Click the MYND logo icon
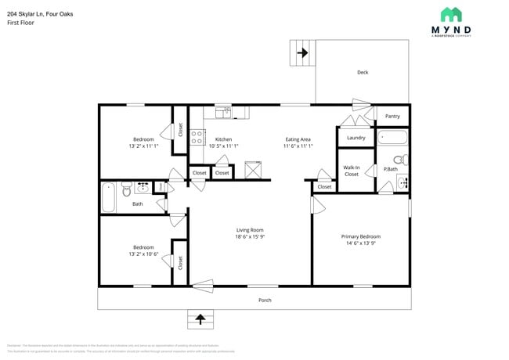coord(450,14)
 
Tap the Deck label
coord(363,72)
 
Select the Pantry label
coord(392,116)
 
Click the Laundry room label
coord(356,138)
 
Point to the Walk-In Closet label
coord(352,170)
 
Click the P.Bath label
coord(390,169)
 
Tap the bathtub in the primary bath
coord(392,139)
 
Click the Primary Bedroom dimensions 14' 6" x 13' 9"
coord(360,243)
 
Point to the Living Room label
coord(251,229)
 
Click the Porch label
coord(265,300)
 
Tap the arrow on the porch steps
coord(200,319)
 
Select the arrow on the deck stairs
coord(301,53)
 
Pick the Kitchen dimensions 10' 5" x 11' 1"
coord(223,146)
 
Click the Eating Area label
coord(298,139)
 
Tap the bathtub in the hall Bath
coord(109,197)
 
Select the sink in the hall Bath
coord(143,188)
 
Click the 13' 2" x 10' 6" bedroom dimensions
coord(143,254)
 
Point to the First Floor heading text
coord(20,23)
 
